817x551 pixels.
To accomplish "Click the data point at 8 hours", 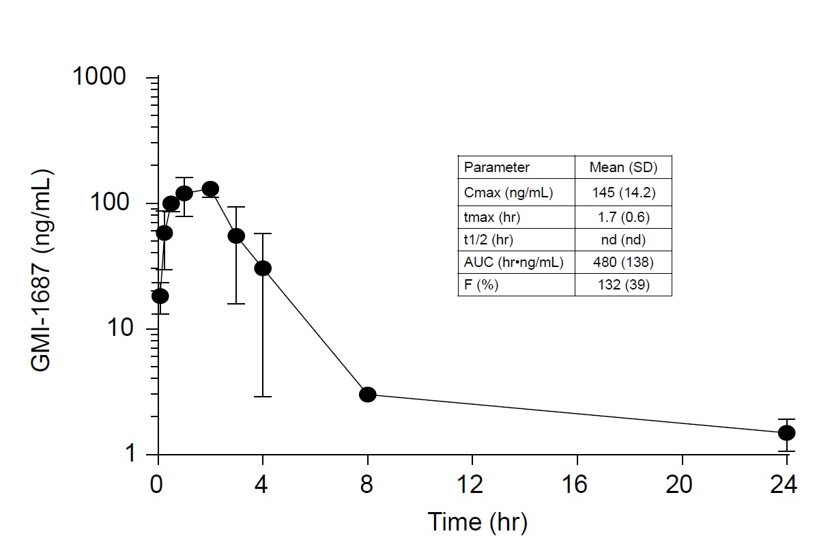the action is (x=368, y=395).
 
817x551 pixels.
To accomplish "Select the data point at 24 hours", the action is (x=787, y=433).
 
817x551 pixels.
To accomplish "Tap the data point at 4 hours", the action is (x=263, y=268).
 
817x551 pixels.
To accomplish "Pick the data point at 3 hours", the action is (x=237, y=236).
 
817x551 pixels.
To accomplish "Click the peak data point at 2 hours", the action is (x=210, y=188).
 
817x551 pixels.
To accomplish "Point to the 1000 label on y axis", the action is (x=100, y=76).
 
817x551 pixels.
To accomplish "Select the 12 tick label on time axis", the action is (x=470, y=484).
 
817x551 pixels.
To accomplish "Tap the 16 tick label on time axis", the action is (x=575, y=484).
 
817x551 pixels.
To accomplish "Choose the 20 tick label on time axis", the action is (x=680, y=484).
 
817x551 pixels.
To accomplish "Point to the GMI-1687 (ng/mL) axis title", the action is (x=42, y=270).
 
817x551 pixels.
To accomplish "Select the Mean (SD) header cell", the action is (x=624, y=167).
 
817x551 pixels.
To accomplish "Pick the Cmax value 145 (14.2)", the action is (x=624, y=193).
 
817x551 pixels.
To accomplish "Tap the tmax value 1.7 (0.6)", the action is (x=624, y=217).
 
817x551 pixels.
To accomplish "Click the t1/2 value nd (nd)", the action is (x=624, y=240).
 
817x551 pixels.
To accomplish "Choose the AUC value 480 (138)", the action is (x=624, y=262).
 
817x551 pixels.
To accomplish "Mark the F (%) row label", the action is (x=481, y=285).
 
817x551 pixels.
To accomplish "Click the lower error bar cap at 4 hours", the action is (x=263, y=397).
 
